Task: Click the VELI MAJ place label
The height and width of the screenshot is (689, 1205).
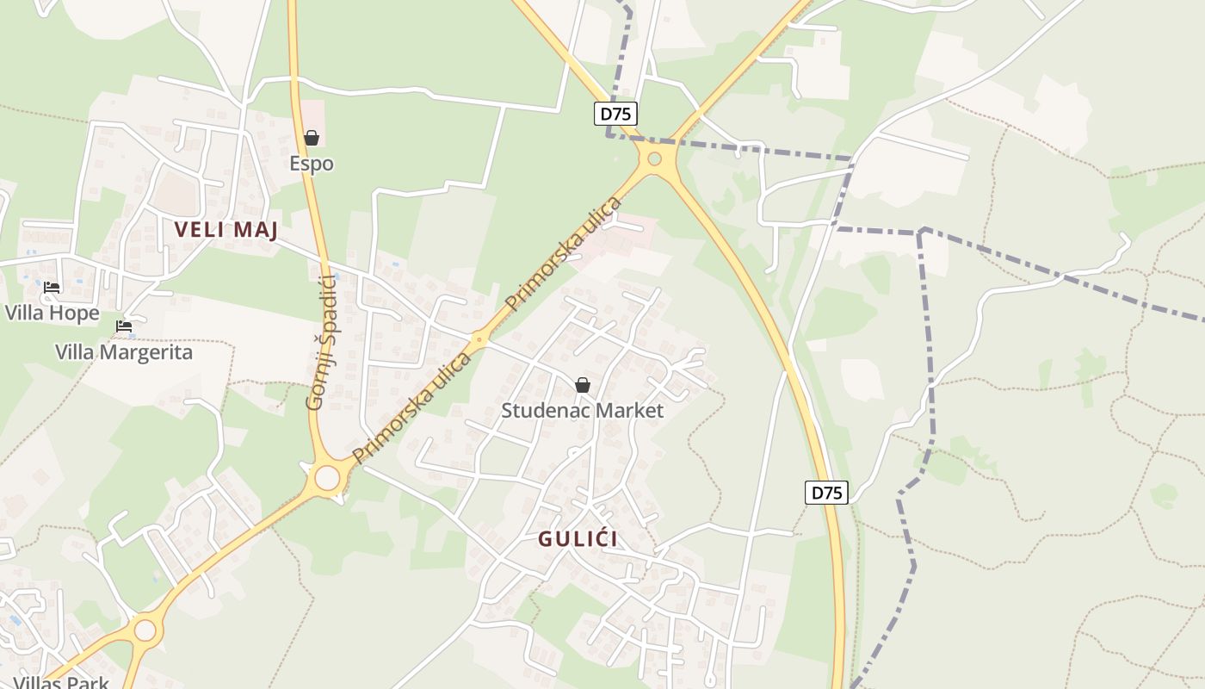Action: tap(226, 230)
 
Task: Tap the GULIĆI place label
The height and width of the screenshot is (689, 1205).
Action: tap(578, 539)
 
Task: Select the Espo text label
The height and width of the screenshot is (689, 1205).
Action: tap(312, 164)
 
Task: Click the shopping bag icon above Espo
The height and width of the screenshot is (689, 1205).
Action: tap(312, 138)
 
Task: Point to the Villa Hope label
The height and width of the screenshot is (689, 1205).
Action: tap(53, 313)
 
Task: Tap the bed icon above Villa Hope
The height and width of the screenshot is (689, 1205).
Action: tap(52, 287)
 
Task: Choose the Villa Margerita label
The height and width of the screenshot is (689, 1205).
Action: tap(124, 352)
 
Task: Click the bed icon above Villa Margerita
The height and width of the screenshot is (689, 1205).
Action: tap(124, 326)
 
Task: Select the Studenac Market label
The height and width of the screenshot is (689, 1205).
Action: tap(583, 411)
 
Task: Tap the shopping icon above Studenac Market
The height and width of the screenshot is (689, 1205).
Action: tap(583, 385)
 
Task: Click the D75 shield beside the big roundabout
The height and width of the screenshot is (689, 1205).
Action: tap(615, 114)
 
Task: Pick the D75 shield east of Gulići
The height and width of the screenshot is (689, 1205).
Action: tap(826, 493)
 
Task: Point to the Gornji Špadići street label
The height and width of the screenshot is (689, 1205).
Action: tap(320, 342)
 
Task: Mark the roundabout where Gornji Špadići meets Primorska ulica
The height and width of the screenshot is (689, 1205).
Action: tap(327, 477)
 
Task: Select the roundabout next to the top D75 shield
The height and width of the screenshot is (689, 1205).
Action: tap(654, 158)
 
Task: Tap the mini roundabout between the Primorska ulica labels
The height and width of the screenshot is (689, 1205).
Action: tap(479, 340)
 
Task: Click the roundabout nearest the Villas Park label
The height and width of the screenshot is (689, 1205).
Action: tap(145, 630)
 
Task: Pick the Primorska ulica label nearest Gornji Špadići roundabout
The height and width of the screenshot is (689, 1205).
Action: tap(411, 407)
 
